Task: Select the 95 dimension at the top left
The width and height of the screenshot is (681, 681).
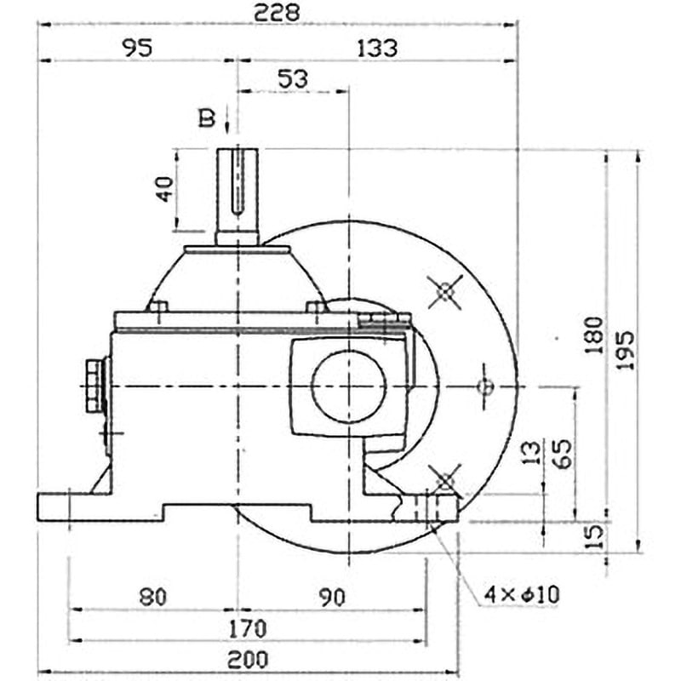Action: [x=136, y=48]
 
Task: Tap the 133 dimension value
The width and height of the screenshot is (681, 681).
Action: [x=377, y=48]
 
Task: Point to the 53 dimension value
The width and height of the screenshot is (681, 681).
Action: [x=292, y=78]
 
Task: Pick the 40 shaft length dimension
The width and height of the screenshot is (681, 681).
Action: [x=163, y=189]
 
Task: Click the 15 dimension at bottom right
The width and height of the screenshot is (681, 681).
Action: [x=595, y=535]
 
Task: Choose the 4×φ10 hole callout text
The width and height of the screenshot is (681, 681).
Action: [x=520, y=594]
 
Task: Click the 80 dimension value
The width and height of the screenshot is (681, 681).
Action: [x=153, y=597]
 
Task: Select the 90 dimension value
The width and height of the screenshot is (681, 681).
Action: [x=332, y=597]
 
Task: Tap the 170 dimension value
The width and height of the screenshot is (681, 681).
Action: [x=248, y=629]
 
